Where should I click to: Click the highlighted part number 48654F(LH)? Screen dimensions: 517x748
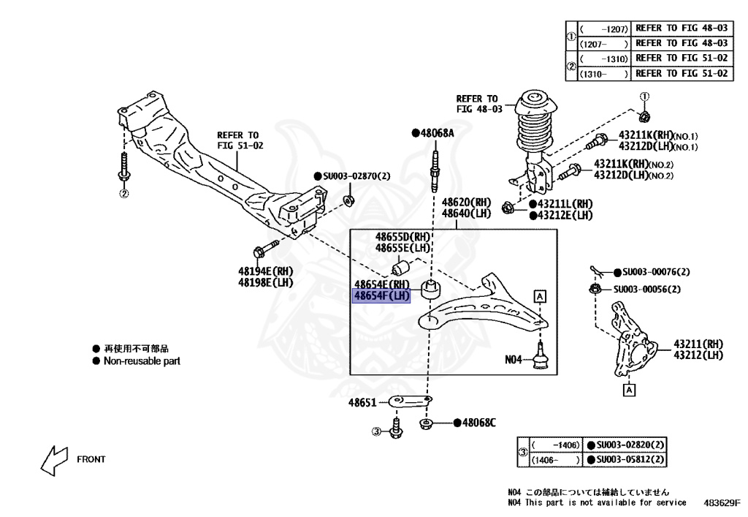click(x=381, y=296)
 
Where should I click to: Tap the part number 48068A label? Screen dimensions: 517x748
click(x=438, y=133)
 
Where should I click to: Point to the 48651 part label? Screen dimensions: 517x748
click(x=362, y=403)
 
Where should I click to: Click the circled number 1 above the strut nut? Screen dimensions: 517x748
click(x=644, y=97)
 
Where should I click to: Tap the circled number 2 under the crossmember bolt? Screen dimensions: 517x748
click(x=124, y=194)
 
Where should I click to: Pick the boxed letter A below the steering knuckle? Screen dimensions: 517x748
click(x=628, y=390)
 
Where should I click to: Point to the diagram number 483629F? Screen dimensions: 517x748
click(x=722, y=503)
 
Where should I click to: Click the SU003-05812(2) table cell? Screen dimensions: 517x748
click(x=630, y=460)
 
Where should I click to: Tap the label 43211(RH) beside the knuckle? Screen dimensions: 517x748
click(x=698, y=343)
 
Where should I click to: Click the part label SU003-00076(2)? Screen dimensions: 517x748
click(x=652, y=272)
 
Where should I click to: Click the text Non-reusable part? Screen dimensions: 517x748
click(x=141, y=361)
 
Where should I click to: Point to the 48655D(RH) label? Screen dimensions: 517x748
click(x=403, y=237)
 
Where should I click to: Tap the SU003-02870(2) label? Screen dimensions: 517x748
click(x=356, y=176)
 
